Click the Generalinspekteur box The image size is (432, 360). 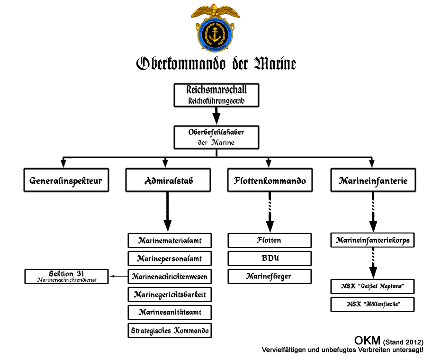[x=66, y=180]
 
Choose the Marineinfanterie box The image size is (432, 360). [x=373, y=180]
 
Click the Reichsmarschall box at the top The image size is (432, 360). [x=216, y=94]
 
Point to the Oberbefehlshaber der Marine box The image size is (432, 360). [x=216, y=137]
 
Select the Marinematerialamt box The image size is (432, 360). [x=170, y=241]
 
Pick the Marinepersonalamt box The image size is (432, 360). [x=170, y=259]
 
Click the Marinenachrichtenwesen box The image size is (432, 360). [x=170, y=276]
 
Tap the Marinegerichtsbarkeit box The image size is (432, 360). [x=170, y=295]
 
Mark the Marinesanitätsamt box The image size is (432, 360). [x=170, y=313]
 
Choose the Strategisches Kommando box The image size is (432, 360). [x=170, y=330]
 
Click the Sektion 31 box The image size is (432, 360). [x=67, y=276]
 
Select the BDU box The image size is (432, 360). [x=270, y=259]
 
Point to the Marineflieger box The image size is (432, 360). [x=270, y=276]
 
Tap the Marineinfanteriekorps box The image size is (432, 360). [x=373, y=241]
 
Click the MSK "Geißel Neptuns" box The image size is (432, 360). [x=373, y=287]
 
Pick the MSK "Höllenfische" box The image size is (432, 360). [x=373, y=304]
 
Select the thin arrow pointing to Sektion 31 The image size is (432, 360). [x=119, y=276]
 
